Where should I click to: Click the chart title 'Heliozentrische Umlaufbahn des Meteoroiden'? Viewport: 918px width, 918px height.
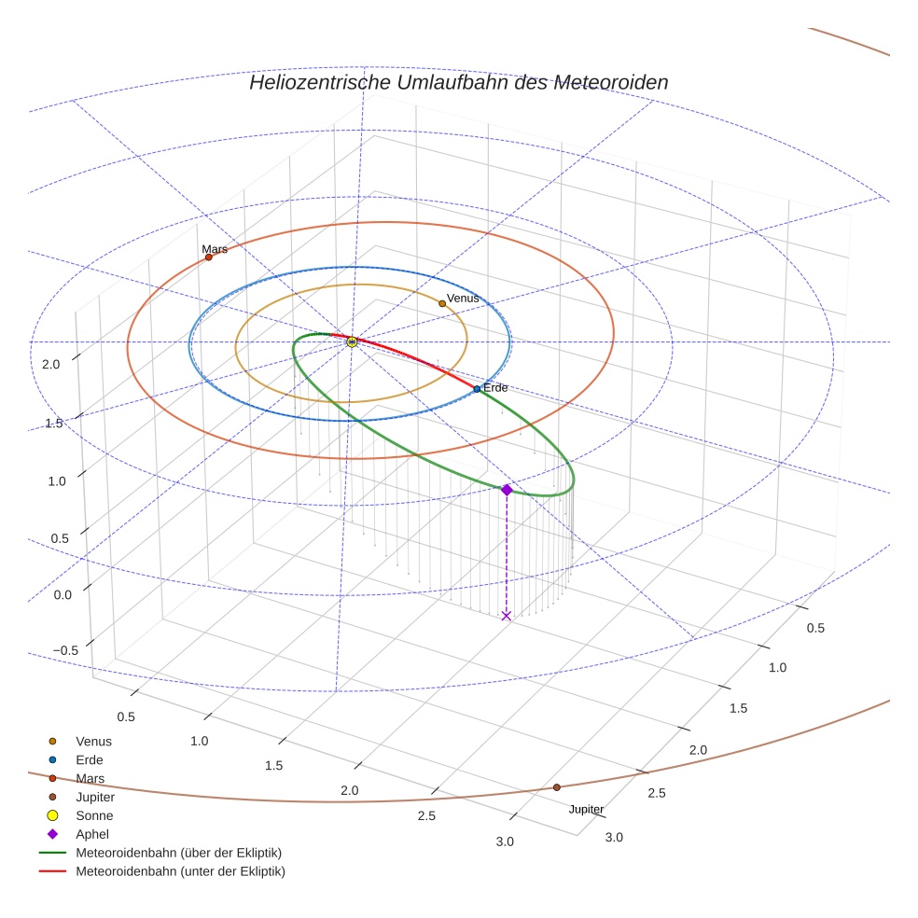458,82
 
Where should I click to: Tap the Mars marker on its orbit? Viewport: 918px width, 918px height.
208,257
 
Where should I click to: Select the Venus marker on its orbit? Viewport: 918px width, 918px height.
442,303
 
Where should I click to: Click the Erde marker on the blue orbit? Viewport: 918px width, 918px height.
477,389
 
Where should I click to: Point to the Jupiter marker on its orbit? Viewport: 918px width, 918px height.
557,787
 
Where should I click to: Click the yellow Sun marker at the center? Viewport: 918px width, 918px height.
352,342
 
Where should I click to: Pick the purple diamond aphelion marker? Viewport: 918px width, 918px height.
507,490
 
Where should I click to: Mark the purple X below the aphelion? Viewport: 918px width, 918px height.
507,616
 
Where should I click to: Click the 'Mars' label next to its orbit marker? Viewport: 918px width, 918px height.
215,249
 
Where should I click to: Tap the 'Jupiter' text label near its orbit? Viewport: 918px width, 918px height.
586,809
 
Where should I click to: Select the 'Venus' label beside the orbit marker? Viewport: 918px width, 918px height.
463,298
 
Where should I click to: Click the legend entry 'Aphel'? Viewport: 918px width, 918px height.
93,834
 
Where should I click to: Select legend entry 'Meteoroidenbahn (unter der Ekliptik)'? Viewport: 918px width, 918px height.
180,871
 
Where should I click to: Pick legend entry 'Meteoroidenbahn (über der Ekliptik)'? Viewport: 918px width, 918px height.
178,853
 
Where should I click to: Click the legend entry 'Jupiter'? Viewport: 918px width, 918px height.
95,798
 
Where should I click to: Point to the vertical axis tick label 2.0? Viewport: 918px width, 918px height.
50,365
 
